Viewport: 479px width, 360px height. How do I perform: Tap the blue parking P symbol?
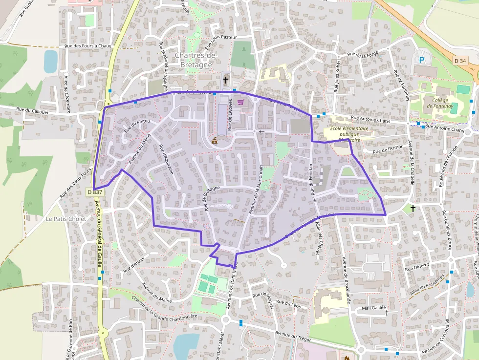click(422, 60)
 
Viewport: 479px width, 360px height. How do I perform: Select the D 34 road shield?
click(459, 61)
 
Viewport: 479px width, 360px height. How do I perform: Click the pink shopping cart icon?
click(240, 102)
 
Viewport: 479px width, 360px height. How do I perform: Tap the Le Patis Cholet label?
click(66, 219)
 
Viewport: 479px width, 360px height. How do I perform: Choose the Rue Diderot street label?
click(416, 268)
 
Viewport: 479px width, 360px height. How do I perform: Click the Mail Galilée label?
click(374, 308)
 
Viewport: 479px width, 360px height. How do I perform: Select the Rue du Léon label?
click(289, 303)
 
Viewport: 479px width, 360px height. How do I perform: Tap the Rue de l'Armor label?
click(388, 149)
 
